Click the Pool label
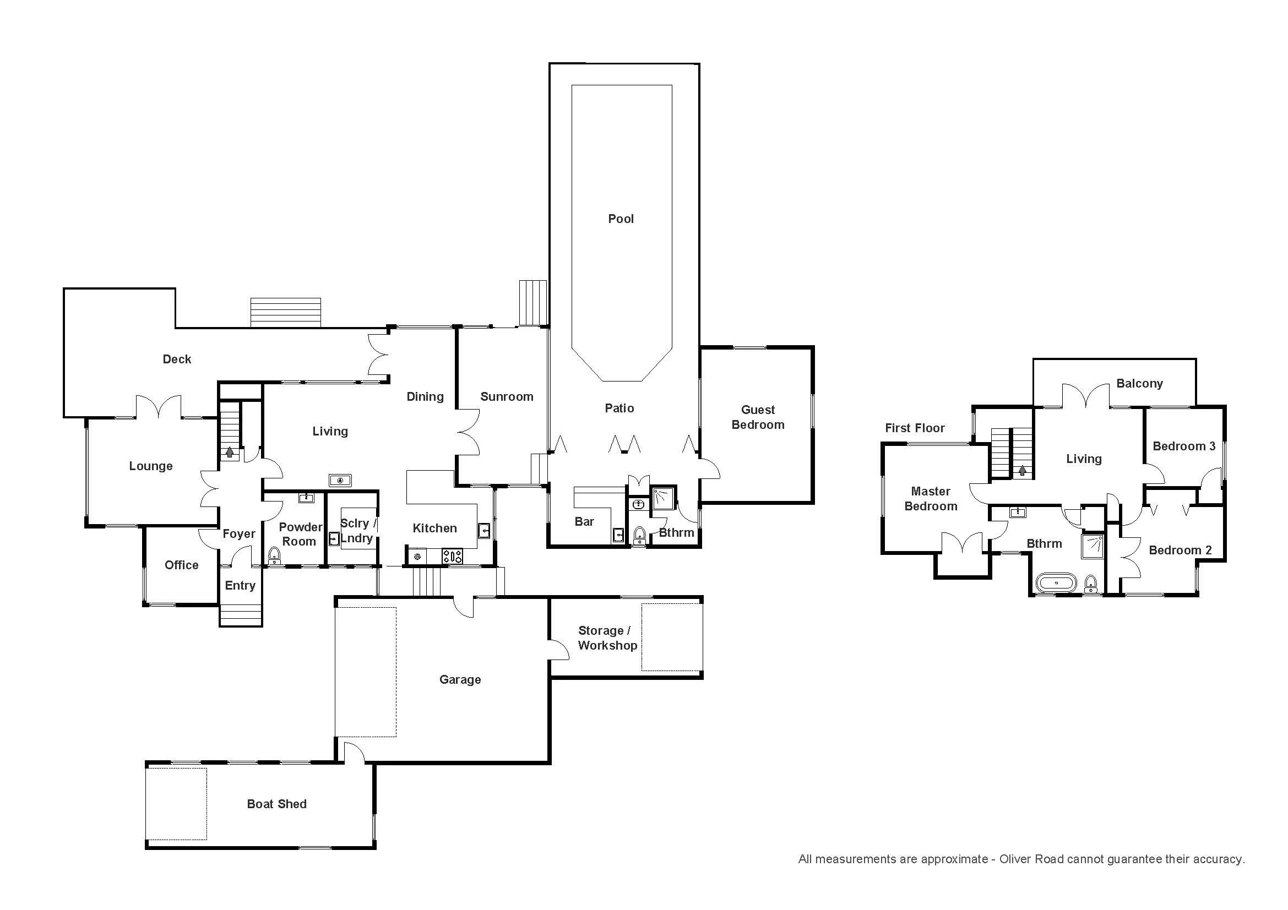[621, 219]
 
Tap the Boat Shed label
[276, 804]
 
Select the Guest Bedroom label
[758, 417]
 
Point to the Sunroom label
[507, 397]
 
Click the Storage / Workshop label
[607, 638]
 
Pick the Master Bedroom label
[931, 498]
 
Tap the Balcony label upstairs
[1139, 384]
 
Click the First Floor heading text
[915, 428]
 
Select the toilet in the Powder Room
[274, 555]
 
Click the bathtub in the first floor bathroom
[1056, 582]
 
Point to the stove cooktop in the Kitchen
[452, 557]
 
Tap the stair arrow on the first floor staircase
[1023, 471]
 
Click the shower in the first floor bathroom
[1093, 547]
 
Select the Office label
[181, 565]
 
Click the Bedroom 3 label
[1184, 446]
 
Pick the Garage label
[460, 679]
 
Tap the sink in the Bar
[618, 536]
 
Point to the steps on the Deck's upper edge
[286, 312]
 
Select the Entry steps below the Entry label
[240, 614]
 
